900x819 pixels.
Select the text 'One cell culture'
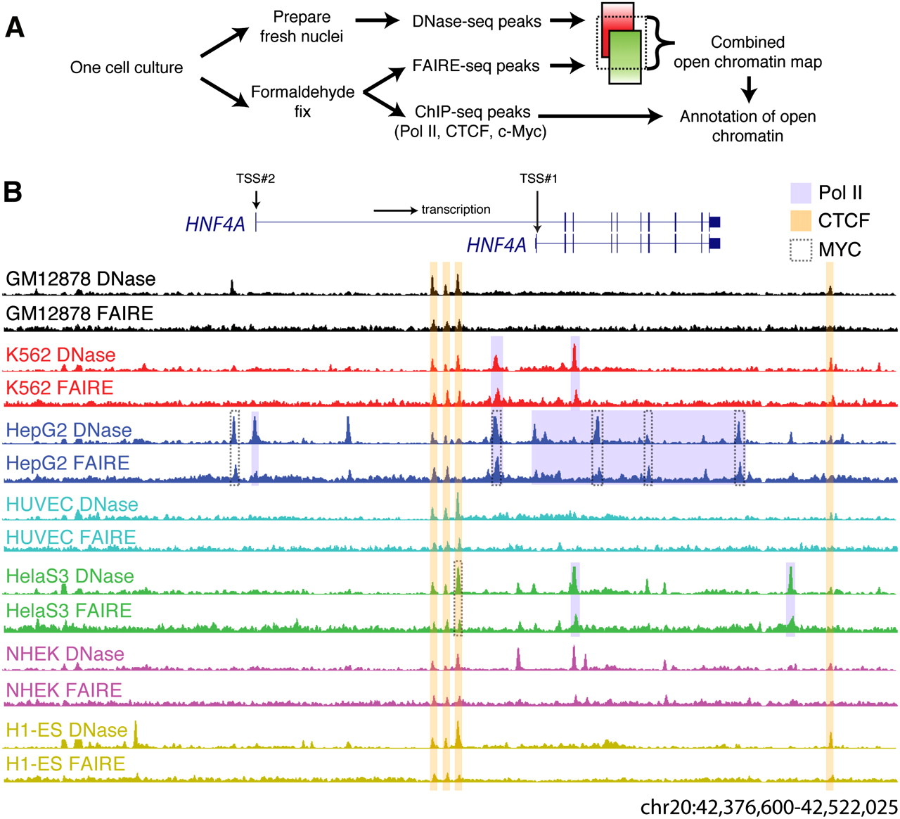[127, 68]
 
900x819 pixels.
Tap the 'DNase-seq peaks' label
[477, 22]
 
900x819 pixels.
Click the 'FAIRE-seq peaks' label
[476, 66]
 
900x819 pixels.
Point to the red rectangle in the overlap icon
[617, 18]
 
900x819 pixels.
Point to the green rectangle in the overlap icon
[625, 63]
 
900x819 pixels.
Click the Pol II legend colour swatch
[801, 193]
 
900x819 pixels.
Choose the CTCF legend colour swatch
[801, 220]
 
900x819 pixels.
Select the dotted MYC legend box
[801, 250]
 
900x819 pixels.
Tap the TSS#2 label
[255, 179]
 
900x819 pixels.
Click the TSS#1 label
[539, 179]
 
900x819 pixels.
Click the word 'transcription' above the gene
[456, 210]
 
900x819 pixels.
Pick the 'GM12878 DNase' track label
[81, 279]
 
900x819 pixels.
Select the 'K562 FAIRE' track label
[60, 388]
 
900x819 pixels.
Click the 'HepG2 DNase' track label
[69, 430]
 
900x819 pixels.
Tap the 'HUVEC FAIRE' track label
[71, 538]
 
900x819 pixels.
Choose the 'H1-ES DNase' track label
[67, 730]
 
